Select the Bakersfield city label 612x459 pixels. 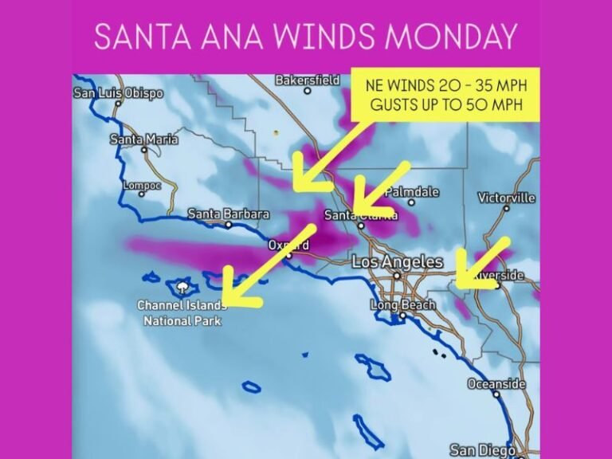[308, 80]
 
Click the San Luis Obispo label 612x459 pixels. [119, 93]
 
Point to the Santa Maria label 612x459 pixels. [144, 139]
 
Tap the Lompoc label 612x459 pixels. [142, 186]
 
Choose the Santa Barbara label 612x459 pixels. [229, 214]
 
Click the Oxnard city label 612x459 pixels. [289, 245]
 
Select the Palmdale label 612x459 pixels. [412, 192]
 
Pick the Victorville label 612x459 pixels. [507, 198]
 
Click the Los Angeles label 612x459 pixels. [398, 261]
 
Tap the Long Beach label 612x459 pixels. [403, 305]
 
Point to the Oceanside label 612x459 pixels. [496, 384]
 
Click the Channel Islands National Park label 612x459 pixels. [181, 312]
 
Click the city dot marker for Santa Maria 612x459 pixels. [144, 149]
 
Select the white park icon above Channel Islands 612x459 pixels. [184, 285]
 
